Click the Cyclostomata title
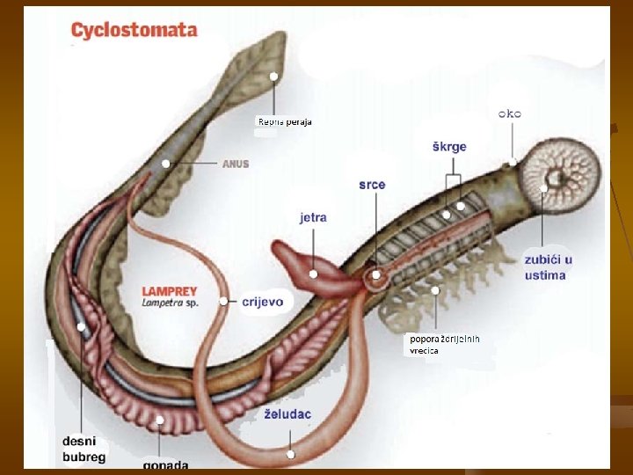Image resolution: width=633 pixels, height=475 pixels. coord(134,30)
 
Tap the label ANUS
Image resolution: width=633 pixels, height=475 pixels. coord(236,164)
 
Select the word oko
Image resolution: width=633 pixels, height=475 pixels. coord(510,113)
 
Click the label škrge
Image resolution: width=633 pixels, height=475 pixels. coord(449,146)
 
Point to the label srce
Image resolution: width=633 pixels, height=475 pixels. coord(372,185)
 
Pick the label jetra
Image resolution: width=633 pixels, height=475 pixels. coord(313,216)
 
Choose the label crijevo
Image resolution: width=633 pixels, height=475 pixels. coord(262,301)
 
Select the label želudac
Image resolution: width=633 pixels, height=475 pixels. coord(287,413)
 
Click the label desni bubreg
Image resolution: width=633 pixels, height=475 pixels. coord(84,449)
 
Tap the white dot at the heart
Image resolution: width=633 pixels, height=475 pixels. coord(376,275)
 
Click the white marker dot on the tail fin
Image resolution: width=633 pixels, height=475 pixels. coord(273,77)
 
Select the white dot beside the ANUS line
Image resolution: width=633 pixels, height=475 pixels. coord(166,164)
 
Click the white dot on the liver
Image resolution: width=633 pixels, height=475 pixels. coord(314,274)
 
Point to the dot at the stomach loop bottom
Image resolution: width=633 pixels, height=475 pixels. coord(290,455)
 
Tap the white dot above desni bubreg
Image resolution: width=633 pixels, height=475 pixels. coord(81,327)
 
